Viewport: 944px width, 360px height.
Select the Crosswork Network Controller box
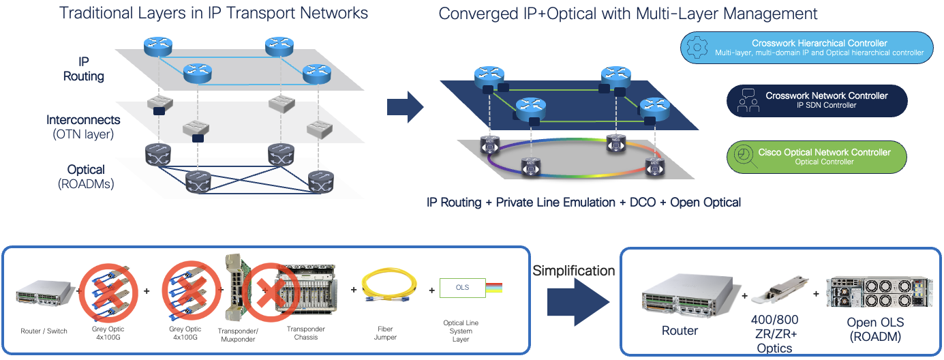coord(817,100)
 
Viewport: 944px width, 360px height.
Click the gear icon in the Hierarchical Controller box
coord(697,48)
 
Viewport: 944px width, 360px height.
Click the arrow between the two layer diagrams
coord(405,106)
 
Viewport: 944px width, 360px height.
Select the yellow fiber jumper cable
coord(385,290)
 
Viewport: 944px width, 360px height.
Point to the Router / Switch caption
coord(44,331)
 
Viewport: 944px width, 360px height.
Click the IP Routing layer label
coord(84,69)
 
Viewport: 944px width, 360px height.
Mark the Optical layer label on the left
coord(85,176)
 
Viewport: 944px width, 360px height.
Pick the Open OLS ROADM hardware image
coord(879,290)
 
